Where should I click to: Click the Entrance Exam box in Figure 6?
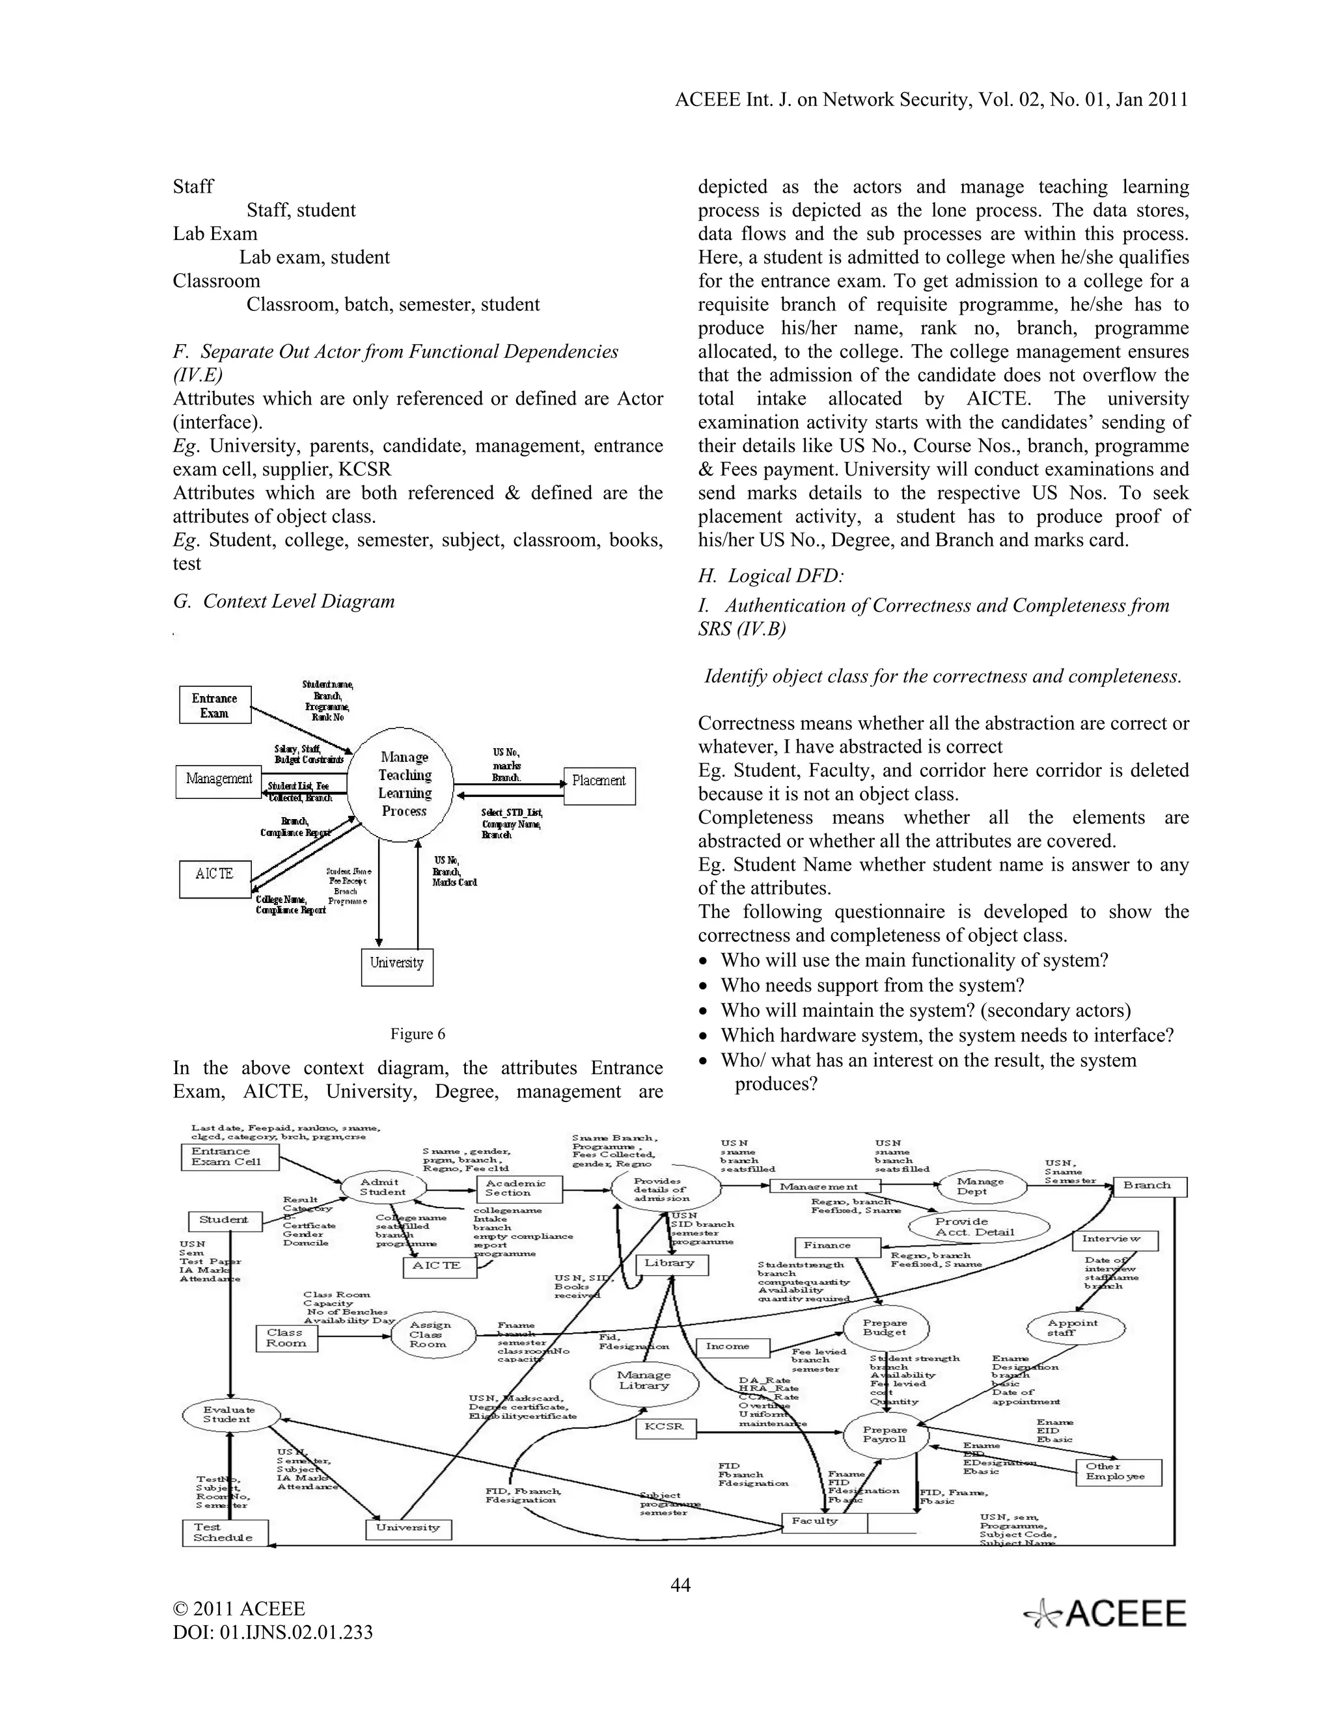click(x=215, y=705)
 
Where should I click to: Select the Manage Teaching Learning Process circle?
click(x=403, y=784)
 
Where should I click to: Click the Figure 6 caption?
click(x=418, y=1034)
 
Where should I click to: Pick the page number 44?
click(x=680, y=1585)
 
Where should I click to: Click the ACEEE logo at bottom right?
click(x=1106, y=1613)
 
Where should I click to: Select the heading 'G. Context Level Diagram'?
click(x=284, y=602)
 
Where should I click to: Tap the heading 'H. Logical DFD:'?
click(x=771, y=576)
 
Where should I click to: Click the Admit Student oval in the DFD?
click(x=383, y=1187)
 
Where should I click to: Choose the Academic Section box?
click(x=519, y=1188)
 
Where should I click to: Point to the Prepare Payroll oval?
click(x=885, y=1434)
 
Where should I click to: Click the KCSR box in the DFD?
click(x=664, y=1427)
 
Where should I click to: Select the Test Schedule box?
click(x=225, y=1532)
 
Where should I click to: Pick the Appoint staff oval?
click(x=1075, y=1328)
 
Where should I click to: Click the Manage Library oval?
click(x=644, y=1380)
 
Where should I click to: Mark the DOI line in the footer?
click(x=273, y=1632)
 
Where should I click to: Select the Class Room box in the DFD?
click(x=286, y=1338)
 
